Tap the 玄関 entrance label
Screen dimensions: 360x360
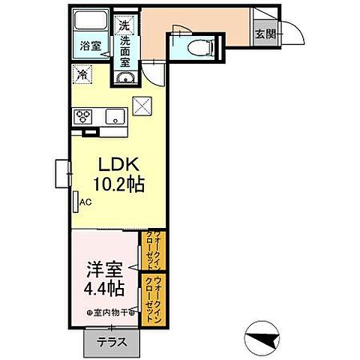point(263,34)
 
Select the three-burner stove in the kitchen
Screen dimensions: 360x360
point(83,115)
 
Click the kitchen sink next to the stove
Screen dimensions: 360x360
point(114,115)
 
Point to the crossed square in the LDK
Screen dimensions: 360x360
point(142,106)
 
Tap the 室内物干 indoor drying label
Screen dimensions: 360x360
point(110,312)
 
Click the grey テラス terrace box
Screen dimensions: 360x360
point(110,343)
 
